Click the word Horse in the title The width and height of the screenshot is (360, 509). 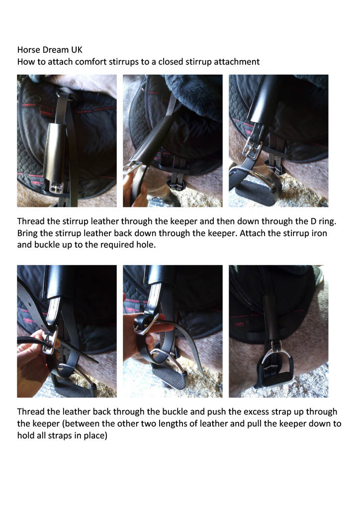coord(28,50)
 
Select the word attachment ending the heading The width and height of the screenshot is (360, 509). coord(236,62)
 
